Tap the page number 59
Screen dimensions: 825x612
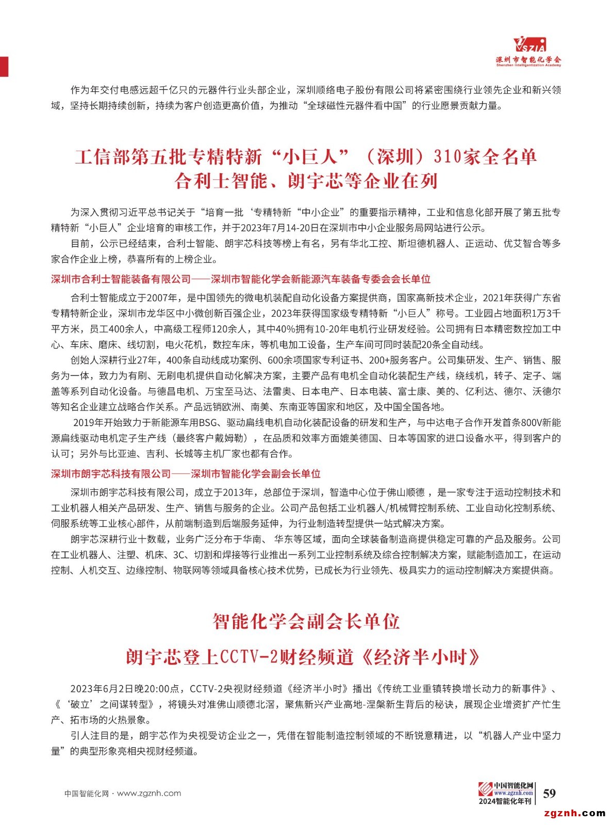click(x=550, y=793)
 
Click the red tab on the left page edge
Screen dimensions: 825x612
click(x=4, y=65)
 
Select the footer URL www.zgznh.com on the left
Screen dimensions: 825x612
click(x=149, y=794)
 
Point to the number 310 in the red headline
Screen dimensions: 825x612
click(x=448, y=157)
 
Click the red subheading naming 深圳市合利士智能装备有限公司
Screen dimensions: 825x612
click(x=121, y=279)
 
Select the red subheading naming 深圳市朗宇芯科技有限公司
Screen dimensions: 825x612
click(x=111, y=474)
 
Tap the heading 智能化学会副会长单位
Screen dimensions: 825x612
click(x=306, y=621)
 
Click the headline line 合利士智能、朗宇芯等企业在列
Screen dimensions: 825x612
click(x=306, y=181)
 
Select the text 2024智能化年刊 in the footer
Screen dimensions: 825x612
click(x=505, y=801)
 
